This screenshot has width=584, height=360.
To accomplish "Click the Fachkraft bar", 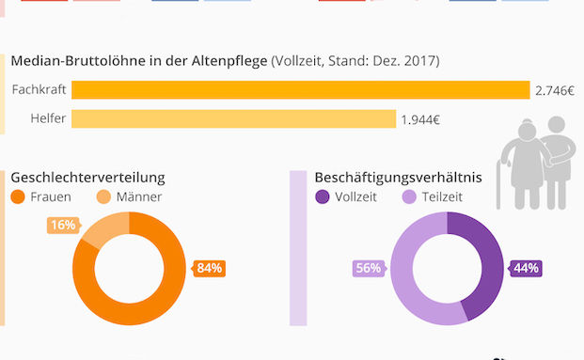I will click(301, 90).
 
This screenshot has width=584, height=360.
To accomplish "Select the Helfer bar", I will click(233, 119).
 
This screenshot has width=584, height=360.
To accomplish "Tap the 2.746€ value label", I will click(554, 90).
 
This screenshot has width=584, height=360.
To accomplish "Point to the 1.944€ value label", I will click(420, 119).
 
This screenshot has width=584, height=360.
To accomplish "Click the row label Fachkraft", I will click(39, 90).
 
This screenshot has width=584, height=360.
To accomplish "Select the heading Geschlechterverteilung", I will click(87, 177).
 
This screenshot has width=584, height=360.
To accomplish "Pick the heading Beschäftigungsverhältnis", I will click(398, 177).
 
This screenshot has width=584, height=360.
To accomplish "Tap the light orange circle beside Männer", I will click(103, 197).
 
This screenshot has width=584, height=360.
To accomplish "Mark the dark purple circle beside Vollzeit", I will click(323, 197).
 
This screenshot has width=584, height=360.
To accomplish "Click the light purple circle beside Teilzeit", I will click(408, 197).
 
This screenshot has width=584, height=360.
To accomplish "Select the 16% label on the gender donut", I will click(62, 226).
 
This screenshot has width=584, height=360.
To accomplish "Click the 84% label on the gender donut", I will click(209, 268).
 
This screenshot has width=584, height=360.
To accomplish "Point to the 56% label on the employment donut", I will click(368, 268).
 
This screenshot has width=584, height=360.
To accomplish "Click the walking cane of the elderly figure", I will click(498, 182).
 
